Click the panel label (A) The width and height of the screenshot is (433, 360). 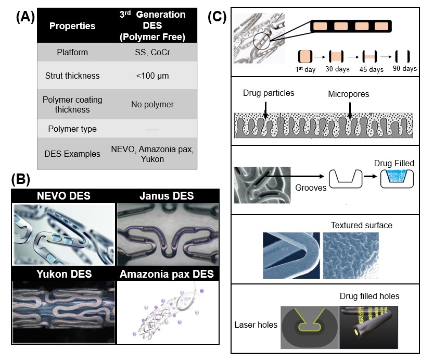click(26, 17)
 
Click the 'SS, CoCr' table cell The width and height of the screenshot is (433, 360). click(152, 52)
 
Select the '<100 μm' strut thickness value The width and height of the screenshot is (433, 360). click(152, 76)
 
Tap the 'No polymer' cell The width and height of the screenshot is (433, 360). click(152, 105)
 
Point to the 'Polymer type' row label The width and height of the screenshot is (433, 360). click(72, 129)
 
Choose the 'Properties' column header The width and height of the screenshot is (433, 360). click(72, 26)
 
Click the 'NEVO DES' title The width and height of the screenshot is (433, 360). click(63, 196)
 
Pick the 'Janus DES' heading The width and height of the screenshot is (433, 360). click(167, 196)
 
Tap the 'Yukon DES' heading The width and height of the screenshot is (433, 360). click(64, 274)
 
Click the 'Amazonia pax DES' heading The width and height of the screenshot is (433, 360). click(167, 274)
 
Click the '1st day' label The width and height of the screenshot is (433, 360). click(305, 69)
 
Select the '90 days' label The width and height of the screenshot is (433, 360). click(405, 68)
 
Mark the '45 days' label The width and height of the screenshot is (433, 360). click(372, 69)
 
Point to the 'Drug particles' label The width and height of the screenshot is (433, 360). click(269, 93)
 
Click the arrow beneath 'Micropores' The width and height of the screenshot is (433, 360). click(350, 110)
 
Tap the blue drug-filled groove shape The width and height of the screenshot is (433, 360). click(397, 176)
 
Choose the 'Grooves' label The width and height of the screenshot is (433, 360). click(311, 188)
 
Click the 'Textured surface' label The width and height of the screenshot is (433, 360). click(362, 226)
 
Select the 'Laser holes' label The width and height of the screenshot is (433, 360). click(256, 325)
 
